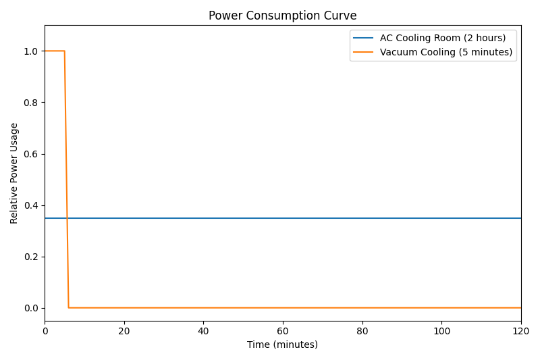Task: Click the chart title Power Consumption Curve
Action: click(x=282, y=16)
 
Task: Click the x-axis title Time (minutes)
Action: click(x=282, y=344)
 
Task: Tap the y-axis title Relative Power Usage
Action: click(x=14, y=173)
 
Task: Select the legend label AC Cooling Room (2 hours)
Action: click(x=443, y=38)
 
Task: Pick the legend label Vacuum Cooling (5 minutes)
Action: click(x=446, y=52)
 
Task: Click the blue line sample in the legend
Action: click(x=364, y=38)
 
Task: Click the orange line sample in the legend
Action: click(x=364, y=53)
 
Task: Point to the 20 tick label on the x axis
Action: click(x=124, y=331)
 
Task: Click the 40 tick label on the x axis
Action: click(x=203, y=331)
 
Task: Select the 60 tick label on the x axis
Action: click(x=283, y=331)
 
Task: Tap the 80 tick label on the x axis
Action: click(x=362, y=331)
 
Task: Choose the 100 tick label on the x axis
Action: click(x=441, y=331)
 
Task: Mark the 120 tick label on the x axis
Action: click(x=520, y=331)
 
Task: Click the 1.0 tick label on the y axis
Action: click(x=32, y=51)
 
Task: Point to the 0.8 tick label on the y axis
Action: click(x=32, y=103)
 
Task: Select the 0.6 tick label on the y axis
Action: click(x=32, y=154)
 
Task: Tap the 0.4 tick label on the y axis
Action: click(x=32, y=205)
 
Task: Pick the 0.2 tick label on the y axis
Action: click(x=32, y=257)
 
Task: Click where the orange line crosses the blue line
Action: click(x=67, y=218)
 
